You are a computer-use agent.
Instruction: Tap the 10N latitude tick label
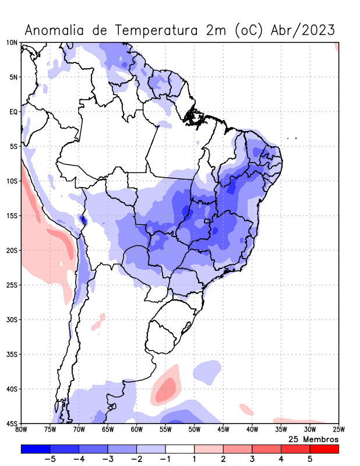pyautogui.click(x=12, y=43)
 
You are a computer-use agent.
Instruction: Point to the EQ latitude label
pyautogui.click(x=13, y=112)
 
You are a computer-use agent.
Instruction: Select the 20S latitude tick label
pyautogui.click(x=12, y=250)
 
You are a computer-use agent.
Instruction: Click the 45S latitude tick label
pyautogui.click(x=12, y=423)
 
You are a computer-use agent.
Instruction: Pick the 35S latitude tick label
pyautogui.click(x=12, y=354)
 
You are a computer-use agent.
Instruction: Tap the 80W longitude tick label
pyautogui.click(x=21, y=430)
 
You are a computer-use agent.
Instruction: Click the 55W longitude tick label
pyautogui.click(x=165, y=430)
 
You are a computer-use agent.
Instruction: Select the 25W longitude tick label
pyautogui.click(x=338, y=430)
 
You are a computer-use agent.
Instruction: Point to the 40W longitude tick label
pyautogui.click(x=252, y=430)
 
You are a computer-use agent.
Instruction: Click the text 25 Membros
pyautogui.click(x=313, y=439)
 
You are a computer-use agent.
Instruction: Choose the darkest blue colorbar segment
pyautogui.click(x=35, y=449)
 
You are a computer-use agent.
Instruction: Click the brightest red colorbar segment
pyautogui.click(x=324, y=449)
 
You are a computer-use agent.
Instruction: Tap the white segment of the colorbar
pyautogui.click(x=179, y=449)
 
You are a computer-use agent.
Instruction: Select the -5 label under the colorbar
pyautogui.click(x=48, y=459)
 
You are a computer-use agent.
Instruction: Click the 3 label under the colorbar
pyautogui.click(x=252, y=459)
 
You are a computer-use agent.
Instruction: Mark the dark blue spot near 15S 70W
pyautogui.click(x=83, y=220)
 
